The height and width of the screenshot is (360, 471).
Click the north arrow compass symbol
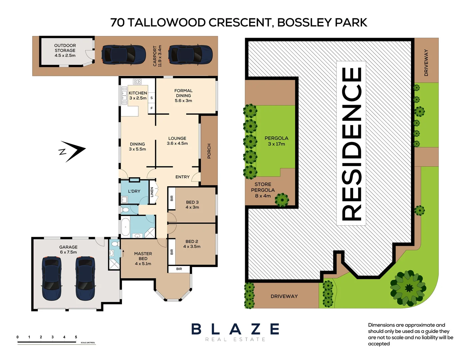tap(73, 151)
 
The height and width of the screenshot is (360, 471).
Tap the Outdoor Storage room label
tap(65, 50)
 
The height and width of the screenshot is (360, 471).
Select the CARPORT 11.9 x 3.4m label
tap(157, 56)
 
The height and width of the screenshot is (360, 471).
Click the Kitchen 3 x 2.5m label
tap(138, 96)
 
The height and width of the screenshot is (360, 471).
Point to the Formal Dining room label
tap(183, 96)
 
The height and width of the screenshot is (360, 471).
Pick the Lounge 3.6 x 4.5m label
tap(177, 141)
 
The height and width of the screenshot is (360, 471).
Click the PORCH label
tap(209, 151)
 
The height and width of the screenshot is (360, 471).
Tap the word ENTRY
tap(183, 177)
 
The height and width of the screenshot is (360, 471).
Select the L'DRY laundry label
tap(134, 191)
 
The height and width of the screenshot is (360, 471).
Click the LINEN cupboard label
tap(152, 192)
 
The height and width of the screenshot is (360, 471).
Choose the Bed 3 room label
tap(192, 205)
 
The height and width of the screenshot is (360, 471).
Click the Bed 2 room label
tap(192, 244)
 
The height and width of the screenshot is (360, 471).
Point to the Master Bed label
tap(143, 259)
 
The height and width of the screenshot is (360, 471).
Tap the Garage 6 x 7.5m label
tap(68, 250)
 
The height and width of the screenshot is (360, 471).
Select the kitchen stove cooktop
tap(137, 82)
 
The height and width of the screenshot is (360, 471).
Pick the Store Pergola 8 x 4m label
tap(263, 190)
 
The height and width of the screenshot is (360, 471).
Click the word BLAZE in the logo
tap(235, 329)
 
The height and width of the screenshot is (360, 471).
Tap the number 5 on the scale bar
tap(76, 337)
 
